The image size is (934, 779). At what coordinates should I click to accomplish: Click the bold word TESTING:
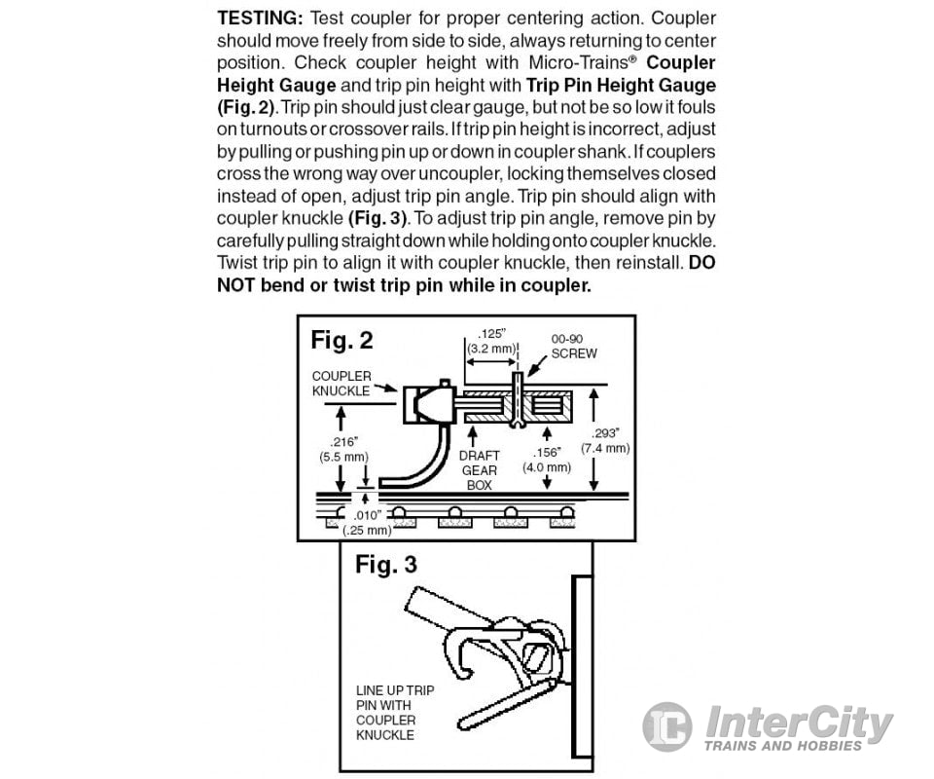(261, 18)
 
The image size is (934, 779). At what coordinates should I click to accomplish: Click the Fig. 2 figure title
(341, 341)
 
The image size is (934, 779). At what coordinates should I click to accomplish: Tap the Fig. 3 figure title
(386, 565)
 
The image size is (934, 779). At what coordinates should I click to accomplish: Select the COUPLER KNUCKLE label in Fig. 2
(341, 384)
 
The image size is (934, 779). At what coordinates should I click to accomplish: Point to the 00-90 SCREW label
(574, 347)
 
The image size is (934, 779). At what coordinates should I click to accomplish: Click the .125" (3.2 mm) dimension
(491, 342)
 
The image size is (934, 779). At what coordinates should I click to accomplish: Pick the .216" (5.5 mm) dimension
(343, 450)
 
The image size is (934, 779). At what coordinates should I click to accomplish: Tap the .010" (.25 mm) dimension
(367, 523)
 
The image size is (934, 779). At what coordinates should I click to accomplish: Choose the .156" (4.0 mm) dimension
(546, 460)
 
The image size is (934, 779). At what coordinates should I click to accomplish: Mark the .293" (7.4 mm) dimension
(605, 440)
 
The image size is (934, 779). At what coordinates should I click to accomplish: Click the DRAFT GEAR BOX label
(479, 470)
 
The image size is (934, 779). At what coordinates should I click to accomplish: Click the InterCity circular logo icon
(667, 726)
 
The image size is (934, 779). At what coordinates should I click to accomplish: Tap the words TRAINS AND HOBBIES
(782, 746)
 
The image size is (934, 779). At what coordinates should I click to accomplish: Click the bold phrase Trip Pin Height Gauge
(621, 86)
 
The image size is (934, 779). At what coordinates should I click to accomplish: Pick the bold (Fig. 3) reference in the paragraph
(377, 218)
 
